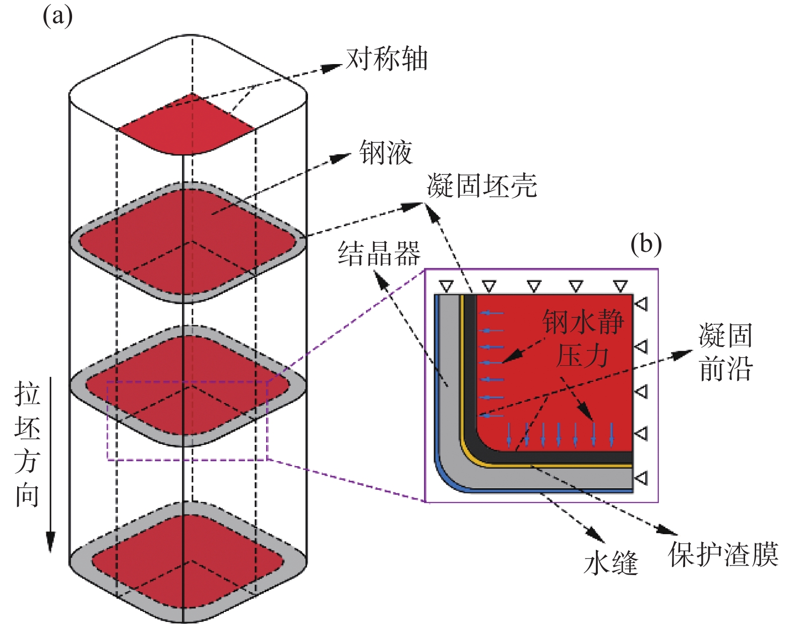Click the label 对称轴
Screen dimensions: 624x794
point(387,59)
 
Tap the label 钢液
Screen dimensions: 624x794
point(386,152)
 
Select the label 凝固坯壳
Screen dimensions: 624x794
point(482,186)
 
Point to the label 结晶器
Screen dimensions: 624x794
point(379,253)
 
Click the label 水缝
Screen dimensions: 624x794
point(611,562)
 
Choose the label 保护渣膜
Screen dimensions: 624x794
point(723,554)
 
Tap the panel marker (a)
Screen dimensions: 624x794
point(57,16)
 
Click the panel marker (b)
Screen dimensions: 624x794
point(646,244)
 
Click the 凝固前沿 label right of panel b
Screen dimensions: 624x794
point(725,352)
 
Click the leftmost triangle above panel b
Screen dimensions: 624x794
point(446,287)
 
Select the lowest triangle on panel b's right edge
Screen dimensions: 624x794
point(641,477)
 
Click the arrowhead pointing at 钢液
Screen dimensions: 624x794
point(342,157)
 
